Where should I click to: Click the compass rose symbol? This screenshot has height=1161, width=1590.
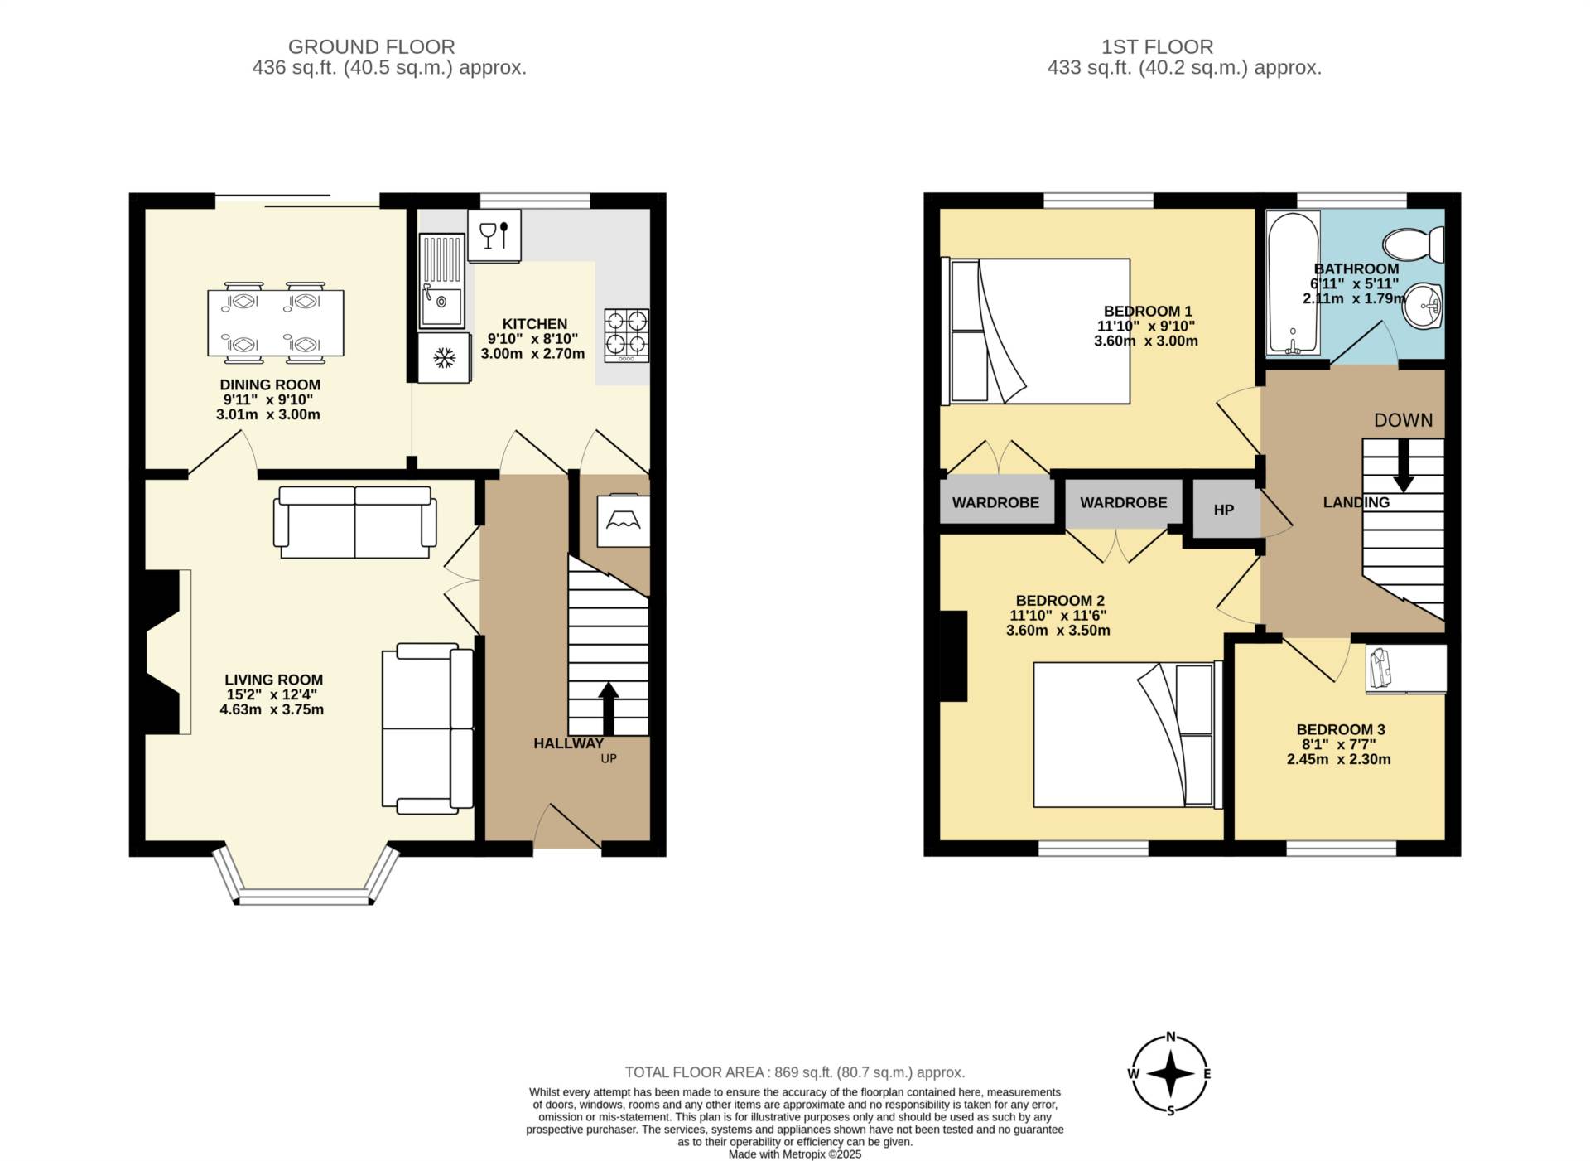click(1170, 1074)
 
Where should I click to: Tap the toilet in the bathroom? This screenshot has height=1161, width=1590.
click(1414, 243)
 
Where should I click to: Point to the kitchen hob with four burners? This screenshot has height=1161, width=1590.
click(626, 335)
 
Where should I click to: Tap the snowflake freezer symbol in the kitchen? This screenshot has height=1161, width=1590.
click(445, 358)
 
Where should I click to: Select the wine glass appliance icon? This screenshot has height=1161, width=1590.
click(494, 235)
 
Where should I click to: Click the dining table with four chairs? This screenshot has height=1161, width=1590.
click(275, 323)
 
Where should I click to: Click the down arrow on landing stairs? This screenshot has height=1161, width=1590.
click(1403, 465)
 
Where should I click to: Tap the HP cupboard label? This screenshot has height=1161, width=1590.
click(1223, 510)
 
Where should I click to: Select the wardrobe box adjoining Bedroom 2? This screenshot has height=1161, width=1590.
click(1123, 503)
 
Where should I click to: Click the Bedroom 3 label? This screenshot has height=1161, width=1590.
click(1340, 729)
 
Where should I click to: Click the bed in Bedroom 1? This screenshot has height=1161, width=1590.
click(1037, 331)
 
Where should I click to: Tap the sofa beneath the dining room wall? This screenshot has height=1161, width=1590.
click(355, 522)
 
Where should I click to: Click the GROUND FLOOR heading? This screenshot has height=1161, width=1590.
click(371, 47)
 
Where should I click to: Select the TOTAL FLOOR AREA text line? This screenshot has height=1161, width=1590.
click(794, 1072)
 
